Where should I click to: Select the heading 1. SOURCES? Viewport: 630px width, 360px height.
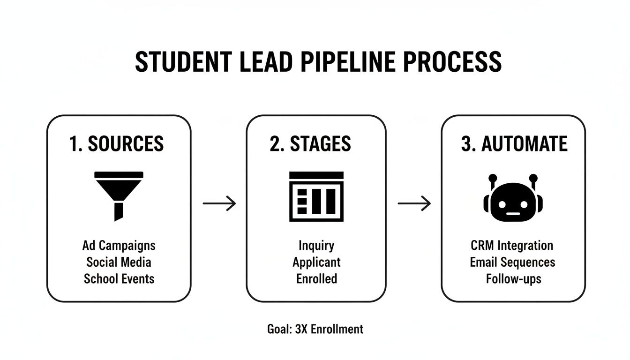coord(117,144)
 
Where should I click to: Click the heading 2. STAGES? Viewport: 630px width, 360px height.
coord(310,144)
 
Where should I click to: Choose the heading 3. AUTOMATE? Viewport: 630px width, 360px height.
coord(514,144)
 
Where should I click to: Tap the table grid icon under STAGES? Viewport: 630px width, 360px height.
coord(316,196)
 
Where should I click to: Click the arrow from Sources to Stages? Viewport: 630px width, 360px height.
coord(219,203)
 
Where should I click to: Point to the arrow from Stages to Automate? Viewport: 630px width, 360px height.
coord(414,203)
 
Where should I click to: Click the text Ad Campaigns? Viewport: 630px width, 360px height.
coord(119,245)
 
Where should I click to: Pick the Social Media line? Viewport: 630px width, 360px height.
coord(119,262)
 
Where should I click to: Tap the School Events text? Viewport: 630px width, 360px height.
coord(119,278)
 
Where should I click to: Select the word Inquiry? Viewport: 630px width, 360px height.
coord(316,245)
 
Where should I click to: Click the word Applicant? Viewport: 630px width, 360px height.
coord(316,262)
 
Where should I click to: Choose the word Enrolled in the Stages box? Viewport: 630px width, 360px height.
coord(316,278)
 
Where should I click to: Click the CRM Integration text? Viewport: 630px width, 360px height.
coord(512,245)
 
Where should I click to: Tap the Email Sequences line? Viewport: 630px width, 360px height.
coord(512,262)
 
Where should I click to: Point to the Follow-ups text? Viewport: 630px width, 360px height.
coord(513,279)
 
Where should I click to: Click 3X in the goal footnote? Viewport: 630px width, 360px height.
coord(301,329)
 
